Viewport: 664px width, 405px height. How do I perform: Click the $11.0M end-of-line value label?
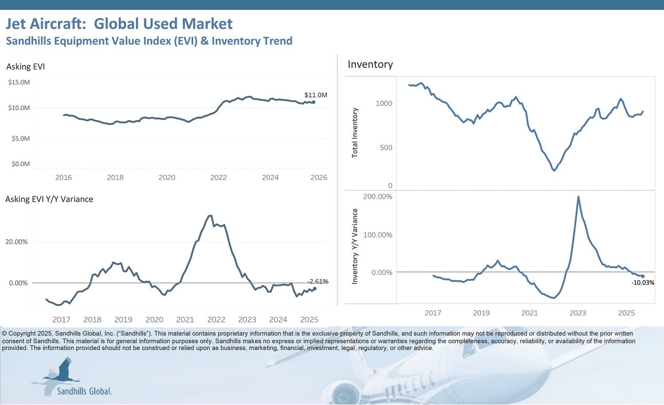pyautogui.click(x=316, y=95)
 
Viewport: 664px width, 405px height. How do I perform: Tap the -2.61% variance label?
pyautogui.click(x=318, y=281)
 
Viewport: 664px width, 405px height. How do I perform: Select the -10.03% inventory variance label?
pyautogui.click(x=642, y=283)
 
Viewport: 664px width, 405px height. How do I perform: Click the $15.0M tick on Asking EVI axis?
pyautogui.click(x=19, y=82)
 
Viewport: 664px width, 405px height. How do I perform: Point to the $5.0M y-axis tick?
pyautogui.click(x=20, y=139)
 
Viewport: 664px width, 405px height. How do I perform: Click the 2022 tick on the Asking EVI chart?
pyautogui.click(x=218, y=178)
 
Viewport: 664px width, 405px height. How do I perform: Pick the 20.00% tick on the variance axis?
pyautogui.click(x=16, y=242)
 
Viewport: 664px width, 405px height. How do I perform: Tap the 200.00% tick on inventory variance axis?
pyautogui.click(x=378, y=197)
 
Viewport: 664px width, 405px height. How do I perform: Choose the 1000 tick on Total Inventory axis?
pyautogui.click(x=384, y=104)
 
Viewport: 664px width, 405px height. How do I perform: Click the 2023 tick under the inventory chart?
pyautogui.click(x=578, y=313)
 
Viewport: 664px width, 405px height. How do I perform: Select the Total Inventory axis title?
pyautogui.click(x=355, y=132)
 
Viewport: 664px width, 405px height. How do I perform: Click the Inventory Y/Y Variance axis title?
pyautogui.click(x=355, y=246)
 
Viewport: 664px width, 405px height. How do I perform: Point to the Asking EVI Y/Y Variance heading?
pyautogui.click(x=49, y=199)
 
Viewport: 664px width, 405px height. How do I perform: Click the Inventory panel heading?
pyautogui.click(x=370, y=65)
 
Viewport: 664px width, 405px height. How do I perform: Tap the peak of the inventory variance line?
pyautogui.click(x=578, y=197)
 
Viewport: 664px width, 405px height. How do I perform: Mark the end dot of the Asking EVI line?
pyautogui.click(x=313, y=102)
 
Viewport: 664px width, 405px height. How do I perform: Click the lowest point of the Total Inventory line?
pyautogui.click(x=554, y=170)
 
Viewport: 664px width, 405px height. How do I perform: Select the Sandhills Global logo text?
pyautogui.click(x=85, y=391)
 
